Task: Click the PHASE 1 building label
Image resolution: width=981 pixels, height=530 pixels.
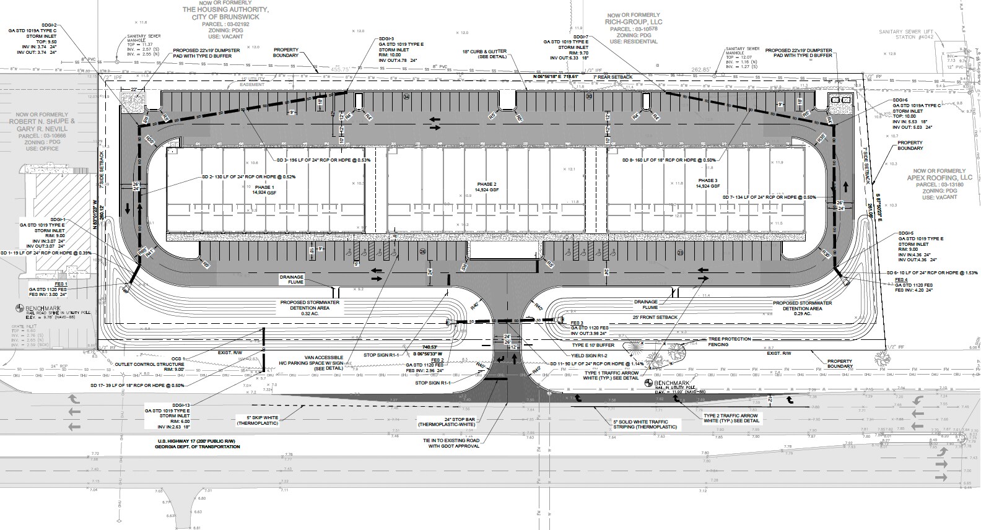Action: click(x=264, y=189)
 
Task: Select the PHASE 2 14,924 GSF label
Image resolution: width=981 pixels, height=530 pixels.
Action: click(x=487, y=187)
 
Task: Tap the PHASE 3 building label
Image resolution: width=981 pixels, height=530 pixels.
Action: click(x=707, y=183)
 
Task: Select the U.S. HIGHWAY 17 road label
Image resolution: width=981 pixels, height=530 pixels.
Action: click(x=197, y=443)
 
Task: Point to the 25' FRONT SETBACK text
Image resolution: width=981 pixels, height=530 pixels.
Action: click(x=656, y=318)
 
